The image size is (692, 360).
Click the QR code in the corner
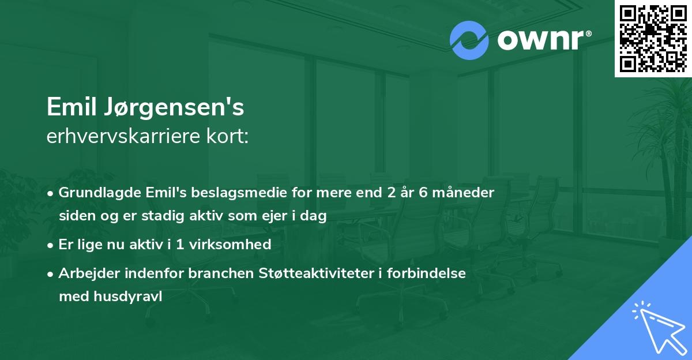pos(653,38)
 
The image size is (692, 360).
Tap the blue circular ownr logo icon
pos(469,40)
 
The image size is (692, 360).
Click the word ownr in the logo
pos(540,40)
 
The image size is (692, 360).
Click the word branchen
pos(219,273)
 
